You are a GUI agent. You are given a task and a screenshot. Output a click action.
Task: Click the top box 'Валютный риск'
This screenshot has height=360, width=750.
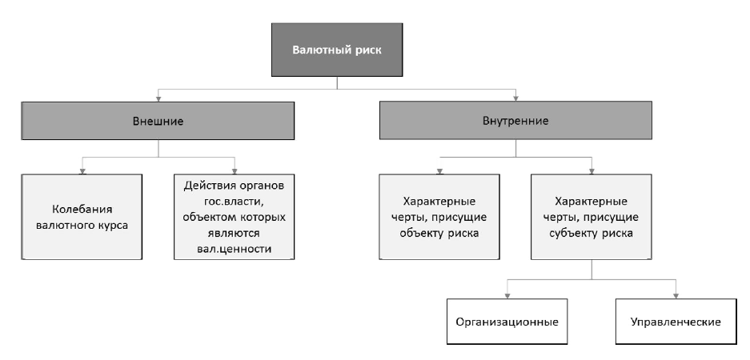pos(336,50)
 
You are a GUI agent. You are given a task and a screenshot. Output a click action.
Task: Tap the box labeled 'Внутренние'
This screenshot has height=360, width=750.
pos(515,122)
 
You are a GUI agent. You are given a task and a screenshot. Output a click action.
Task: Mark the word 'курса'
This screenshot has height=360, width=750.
pos(111,225)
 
